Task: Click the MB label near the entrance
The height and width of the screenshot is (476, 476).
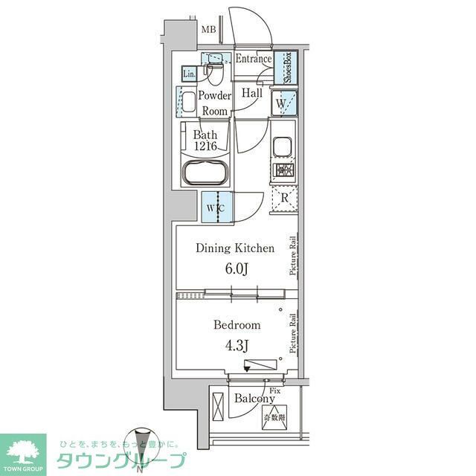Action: coord(210,30)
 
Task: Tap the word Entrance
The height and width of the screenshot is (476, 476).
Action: coord(253,59)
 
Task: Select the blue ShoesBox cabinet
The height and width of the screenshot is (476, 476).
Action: coord(284,68)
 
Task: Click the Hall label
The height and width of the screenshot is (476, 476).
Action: coord(251,94)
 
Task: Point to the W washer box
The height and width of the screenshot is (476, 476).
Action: coord(283,103)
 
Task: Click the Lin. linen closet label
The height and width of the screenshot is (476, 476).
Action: coord(189,74)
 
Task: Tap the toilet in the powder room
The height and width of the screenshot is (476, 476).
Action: coord(216,73)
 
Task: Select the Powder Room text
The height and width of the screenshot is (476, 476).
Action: coord(214,103)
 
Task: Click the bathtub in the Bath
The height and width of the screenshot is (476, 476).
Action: coord(205,175)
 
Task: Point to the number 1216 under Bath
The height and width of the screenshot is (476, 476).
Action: coord(205,147)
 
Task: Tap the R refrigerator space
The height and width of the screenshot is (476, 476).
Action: coord(283,198)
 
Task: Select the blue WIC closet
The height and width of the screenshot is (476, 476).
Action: coord(216,207)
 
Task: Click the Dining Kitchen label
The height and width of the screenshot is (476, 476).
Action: coord(235,248)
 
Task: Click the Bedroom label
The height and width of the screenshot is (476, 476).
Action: coord(237,325)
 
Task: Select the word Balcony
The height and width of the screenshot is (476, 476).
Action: coord(254,399)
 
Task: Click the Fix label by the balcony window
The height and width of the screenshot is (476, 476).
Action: coord(274,390)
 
